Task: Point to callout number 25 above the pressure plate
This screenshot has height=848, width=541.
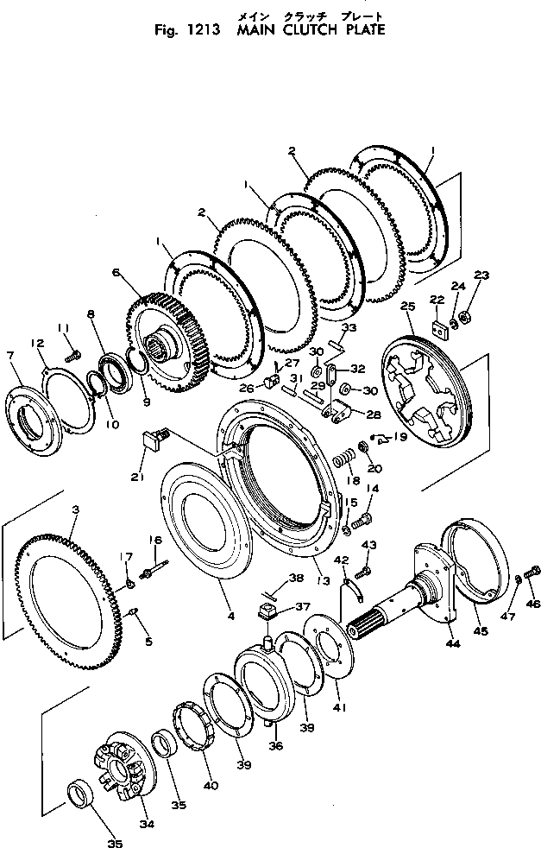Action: pos(408,307)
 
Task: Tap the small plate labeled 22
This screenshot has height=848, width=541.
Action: pos(437,328)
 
